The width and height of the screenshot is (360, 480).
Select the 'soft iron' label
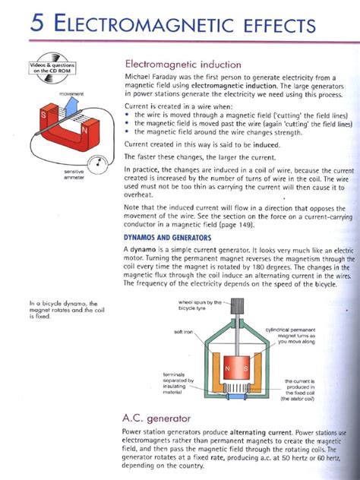[x=183, y=332]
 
